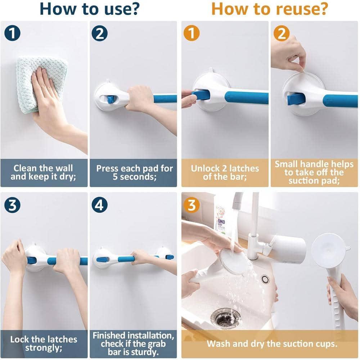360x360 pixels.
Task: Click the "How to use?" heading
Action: pos(89,9)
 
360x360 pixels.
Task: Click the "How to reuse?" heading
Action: pos(270,9)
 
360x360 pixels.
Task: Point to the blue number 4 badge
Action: pos(100,205)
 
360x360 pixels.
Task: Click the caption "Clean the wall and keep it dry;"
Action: pos(43,172)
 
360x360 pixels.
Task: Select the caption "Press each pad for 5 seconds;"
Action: pos(134,172)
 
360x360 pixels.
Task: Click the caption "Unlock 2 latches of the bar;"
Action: pos(225,172)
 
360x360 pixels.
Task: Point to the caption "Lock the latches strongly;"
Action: pos(43,343)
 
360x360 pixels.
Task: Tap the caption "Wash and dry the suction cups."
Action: pos(272,343)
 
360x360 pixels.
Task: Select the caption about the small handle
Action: pos(314,172)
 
